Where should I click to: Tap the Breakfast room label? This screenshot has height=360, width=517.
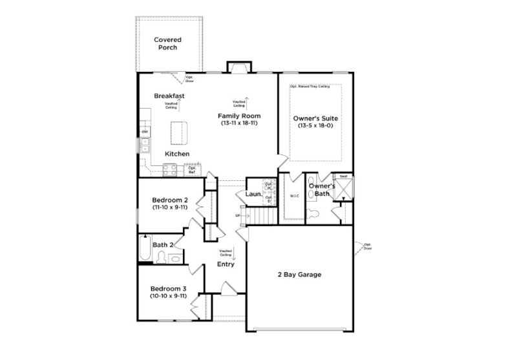point(169,96)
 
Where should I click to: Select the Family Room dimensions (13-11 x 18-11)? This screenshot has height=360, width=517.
point(239,122)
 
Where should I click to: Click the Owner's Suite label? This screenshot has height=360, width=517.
point(315,119)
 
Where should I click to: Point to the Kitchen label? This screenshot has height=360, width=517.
point(176,154)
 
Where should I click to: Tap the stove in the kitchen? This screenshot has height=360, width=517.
point(171,170)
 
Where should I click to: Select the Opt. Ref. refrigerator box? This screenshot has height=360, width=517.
point(192,171)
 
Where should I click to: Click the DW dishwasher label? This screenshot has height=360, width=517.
point(145,132)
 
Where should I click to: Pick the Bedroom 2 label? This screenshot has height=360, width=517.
point(169,200)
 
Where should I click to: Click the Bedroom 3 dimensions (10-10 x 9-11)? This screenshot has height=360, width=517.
point(169,295)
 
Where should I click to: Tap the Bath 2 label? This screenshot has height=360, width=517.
point(162,245)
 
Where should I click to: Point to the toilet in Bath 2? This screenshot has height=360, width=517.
point(175,259)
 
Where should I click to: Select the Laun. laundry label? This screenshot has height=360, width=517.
point(253,194)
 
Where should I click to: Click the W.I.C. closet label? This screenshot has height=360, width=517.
point(294,196)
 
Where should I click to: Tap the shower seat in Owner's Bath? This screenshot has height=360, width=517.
point(343,176)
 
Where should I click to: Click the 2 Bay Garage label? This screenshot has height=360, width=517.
point(300,275)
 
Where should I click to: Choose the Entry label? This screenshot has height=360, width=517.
point(226,264)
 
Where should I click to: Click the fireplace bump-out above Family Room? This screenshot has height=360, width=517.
point(237,67)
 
